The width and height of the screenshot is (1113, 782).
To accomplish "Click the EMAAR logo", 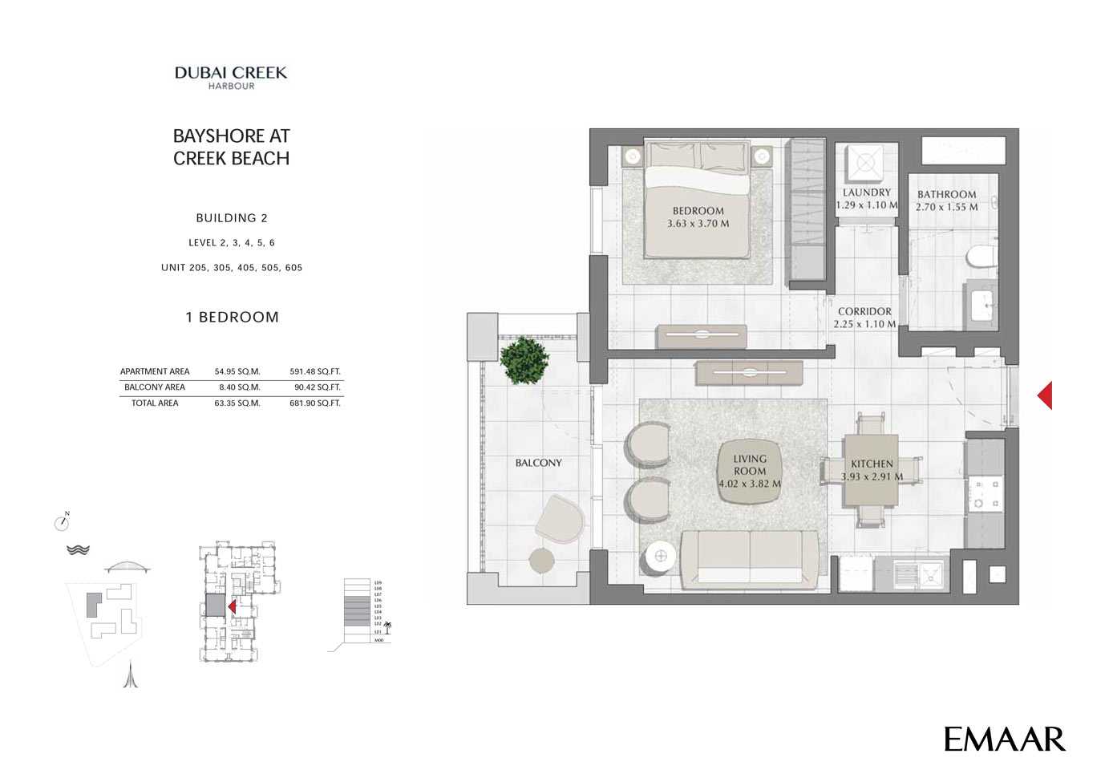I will tap(1004, 739).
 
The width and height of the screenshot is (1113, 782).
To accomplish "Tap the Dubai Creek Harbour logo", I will tap(231, 77).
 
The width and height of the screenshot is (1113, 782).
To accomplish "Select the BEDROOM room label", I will tap(698, 211).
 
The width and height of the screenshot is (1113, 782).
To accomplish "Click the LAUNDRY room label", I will tap(866, 192).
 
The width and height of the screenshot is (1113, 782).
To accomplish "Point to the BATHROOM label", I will tap(946, 194).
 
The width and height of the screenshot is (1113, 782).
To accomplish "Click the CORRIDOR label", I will tap(864, 311).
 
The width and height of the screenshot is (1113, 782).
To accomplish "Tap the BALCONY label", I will tap(538, 463).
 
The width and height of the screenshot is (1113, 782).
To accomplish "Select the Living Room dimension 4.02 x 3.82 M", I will tap(750, 484).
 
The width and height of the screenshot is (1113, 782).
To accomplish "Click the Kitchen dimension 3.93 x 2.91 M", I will tap(872, 476).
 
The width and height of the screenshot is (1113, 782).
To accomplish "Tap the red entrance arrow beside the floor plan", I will tap(1044, 395).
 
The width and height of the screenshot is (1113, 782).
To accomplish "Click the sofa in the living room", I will tap(750, 560).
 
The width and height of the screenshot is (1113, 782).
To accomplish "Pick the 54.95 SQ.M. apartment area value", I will tap(237, 371).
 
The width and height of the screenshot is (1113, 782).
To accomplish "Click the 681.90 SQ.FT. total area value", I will tap(315, 403).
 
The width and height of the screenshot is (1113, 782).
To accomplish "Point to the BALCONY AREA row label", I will tap(155, 387).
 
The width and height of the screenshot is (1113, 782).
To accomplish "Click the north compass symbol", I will tap(63, 522).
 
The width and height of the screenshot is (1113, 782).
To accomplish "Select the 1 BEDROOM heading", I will tap(232, 317).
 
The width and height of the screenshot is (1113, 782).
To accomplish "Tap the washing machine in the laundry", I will tap(865, 163).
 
